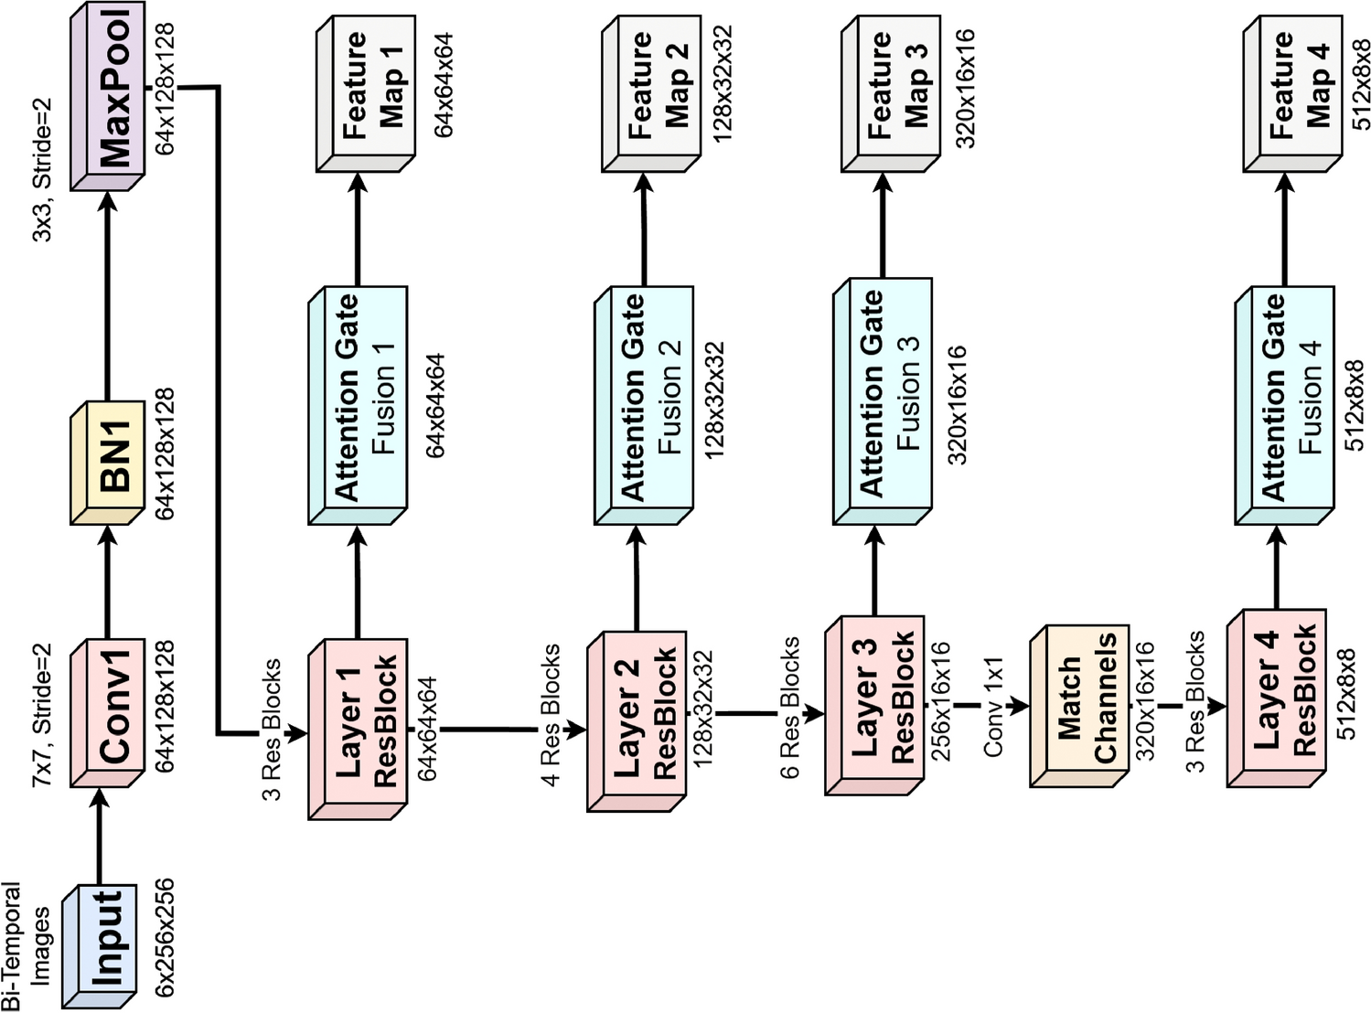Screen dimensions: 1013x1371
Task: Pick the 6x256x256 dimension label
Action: tap(165, 938)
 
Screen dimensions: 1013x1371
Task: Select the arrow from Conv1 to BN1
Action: tap(107, 585)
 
